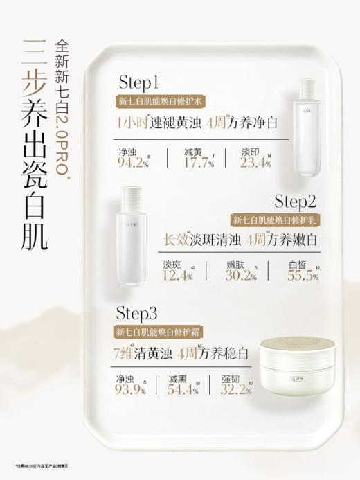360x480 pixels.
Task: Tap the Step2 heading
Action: pos(295,202)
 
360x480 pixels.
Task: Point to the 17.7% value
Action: pos(197,163)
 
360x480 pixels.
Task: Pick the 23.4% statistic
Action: pos(255,163)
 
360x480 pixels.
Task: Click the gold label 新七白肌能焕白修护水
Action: pos(159,102)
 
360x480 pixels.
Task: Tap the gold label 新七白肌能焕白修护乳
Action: pos(274,220)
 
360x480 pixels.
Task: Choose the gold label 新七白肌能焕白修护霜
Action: pos(159,333)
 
